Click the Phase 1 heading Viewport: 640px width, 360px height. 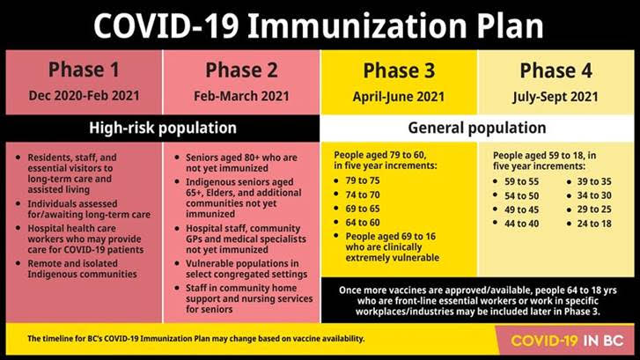[x=84, y=70]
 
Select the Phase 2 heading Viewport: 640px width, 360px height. [x=241, y=70]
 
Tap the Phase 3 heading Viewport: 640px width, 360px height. [x=399, y=70]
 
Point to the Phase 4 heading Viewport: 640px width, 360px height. [x=555, y=70]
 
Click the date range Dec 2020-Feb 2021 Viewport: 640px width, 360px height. [x=84, y=96]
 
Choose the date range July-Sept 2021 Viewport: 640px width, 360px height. [x=555, y=97]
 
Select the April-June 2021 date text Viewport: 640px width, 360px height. [x=399, y=97]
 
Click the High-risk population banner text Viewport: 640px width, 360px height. [x=163, y=128]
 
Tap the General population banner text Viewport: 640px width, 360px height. [x=477, y=128]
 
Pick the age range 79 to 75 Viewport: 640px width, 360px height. [x=363, y=180]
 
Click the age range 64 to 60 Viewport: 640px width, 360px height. [x=363, y=223]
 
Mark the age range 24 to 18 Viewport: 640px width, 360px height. [x=594, y=224]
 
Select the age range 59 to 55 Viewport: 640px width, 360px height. [x=521, y=181]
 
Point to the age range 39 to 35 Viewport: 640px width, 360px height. [x=594, y=181]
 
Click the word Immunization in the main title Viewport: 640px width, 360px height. [x=357, y=26]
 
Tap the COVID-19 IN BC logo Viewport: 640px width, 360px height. [x=567, y=341]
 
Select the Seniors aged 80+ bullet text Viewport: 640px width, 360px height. [x=241, y=163]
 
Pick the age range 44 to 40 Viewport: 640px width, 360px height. [x=521, y=224]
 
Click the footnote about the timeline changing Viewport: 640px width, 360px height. [x=195, y=338]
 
